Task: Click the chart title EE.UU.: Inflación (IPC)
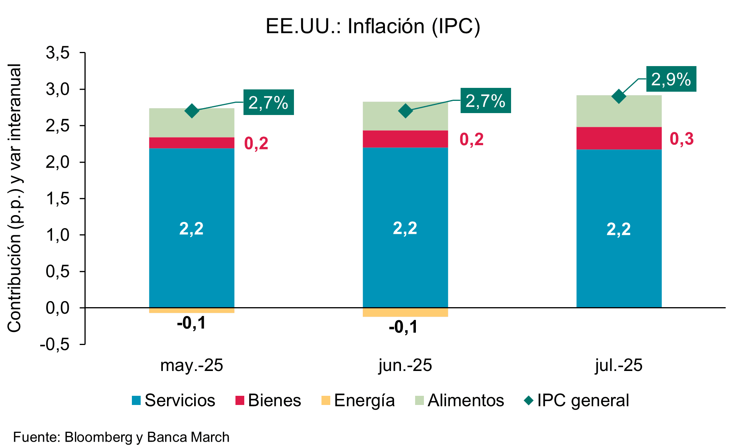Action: click(373, 26)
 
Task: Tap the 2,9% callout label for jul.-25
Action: click(671, 79)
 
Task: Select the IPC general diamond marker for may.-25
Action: click(192, 111)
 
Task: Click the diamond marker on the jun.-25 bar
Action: click(405, 111)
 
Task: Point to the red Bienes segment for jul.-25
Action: click(618, 138)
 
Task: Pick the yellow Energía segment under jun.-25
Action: click(405, 312)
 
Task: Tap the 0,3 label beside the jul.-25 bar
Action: click(682, 139)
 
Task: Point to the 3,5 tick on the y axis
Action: click(58, 53)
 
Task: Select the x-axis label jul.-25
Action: click(618, 365)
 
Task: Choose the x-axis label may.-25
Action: click(192, 365)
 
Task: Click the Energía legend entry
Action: click(358, 400)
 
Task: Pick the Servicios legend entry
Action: click(174, 400)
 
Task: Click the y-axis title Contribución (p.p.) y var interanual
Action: click(15, 198)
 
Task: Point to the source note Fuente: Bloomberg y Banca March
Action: click(121, 437)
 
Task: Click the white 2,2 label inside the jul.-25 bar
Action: click(618, 229)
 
